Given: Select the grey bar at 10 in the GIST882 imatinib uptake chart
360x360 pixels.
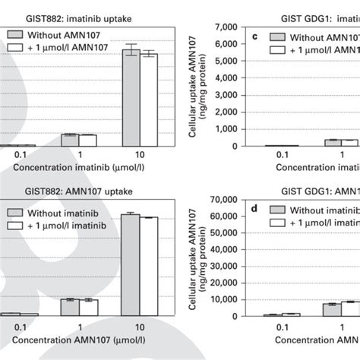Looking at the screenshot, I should [x=131, y=98].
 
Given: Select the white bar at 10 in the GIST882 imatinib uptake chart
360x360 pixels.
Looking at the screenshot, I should [x=149, y=99].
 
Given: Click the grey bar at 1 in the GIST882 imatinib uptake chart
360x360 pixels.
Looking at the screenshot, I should [x=70, y=140].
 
